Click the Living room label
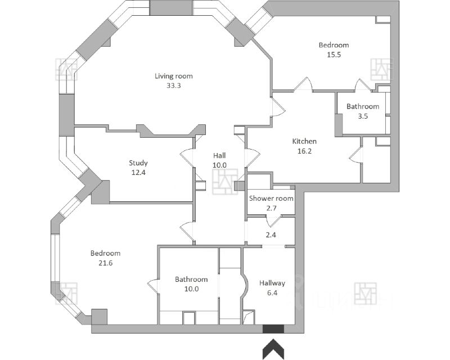[x=174, y=76]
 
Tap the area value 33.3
[x=174, y=86]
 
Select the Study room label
[x=138, y=163]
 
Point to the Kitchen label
[x=304, y=141]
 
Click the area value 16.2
[x=304, y=151]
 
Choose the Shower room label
[x=272, y=199]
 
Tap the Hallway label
[x=272, y=283]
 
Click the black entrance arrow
[x=273, y=349]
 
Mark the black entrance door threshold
[x=273, y=329]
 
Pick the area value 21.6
[x=105, y=263]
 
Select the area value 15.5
[x=334, y=55]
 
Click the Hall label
[x=219, y=155]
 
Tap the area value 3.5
[x=362, y=116]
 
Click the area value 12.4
[x=138, y=173]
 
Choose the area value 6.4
[x=272, y=293]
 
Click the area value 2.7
[x=272, y=208]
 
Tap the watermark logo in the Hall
[x=224, y=182]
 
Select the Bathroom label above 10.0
[x=191, y=279]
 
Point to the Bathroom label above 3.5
[x=362, y=106]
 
